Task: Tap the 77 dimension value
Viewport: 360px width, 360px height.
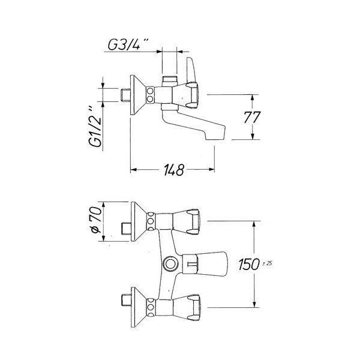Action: point(252,118)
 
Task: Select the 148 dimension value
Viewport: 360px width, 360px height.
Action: point(174,170)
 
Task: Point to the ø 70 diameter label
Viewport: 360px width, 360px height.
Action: point(96,220)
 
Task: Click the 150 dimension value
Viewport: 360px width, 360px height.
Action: point(248,264)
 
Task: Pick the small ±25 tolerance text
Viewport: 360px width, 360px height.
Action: point(267,263)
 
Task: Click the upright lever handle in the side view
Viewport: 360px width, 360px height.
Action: point(191,70)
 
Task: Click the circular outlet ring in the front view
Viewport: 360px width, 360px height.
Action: point(170,264)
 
